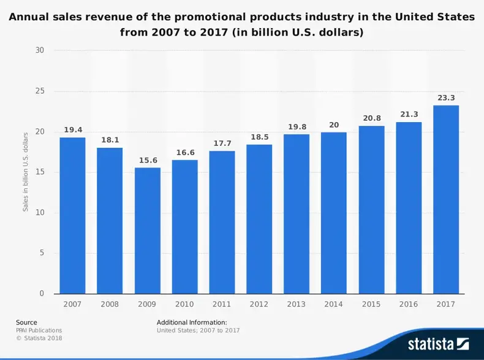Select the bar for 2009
pyautogui.click(x=147, y=231)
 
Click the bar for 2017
pyautogui.click(x=445, y=199)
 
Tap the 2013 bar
pyautogui.click(x=297, y=213)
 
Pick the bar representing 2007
pyautogui.click(x=72, y=215)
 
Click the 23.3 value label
pyautogui.click(x=445, y=98)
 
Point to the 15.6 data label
pyautogui.click(x=147, y=160)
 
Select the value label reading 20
pyautogui.click(x=334, y=124)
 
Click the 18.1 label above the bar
pyautogui.click(x=110, y=140)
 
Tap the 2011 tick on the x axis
pyautogui.click(x=222, y=304)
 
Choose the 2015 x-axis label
pyautogui.click(x=371, y=304)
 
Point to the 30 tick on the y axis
pyautogui.click(x=40, y=50)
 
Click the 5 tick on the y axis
pyautogui.click(x=42, y=253)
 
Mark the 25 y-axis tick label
pyautogui.click(x=40, y=91)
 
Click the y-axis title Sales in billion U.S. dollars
pyautogui.click(x=26, y=172)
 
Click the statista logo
pyautogui.click(x=438, y=343)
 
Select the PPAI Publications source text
pyautogui.click(x=39, y=330)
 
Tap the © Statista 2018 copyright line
pyautogui.click(x=39, y=338)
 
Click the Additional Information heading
pyautogui.click(x=192, y=322)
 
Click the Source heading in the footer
pyautogui.click(x=26, y=322)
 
